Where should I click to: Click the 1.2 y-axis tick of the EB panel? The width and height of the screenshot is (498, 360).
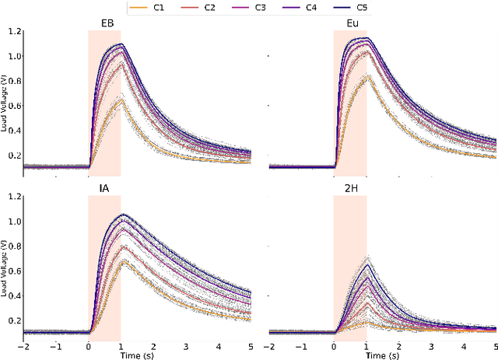coord(13,32)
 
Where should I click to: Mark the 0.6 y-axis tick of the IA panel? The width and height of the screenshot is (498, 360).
coord(13,271)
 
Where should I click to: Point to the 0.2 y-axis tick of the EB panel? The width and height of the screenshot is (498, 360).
coord(13,156)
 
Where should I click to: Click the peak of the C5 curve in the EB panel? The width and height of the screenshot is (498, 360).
coord(120,44)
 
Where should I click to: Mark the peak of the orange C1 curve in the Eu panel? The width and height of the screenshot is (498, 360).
coord(367,75)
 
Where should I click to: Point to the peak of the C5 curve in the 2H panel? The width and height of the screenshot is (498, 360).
coord(366,265)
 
